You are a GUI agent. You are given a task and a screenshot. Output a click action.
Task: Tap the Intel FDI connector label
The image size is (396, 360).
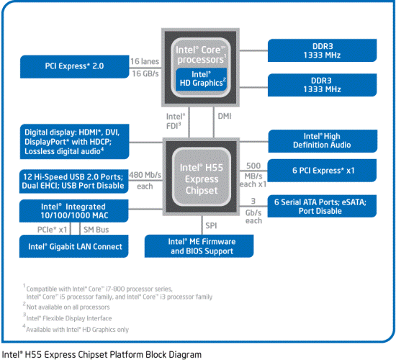click(x=176, y=120)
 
